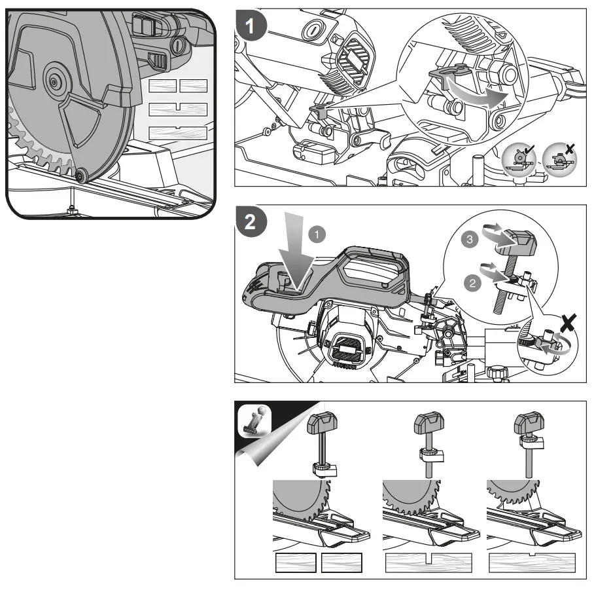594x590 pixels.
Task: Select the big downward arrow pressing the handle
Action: tap(288, 256)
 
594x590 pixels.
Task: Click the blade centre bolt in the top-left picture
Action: tap(52, 83)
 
